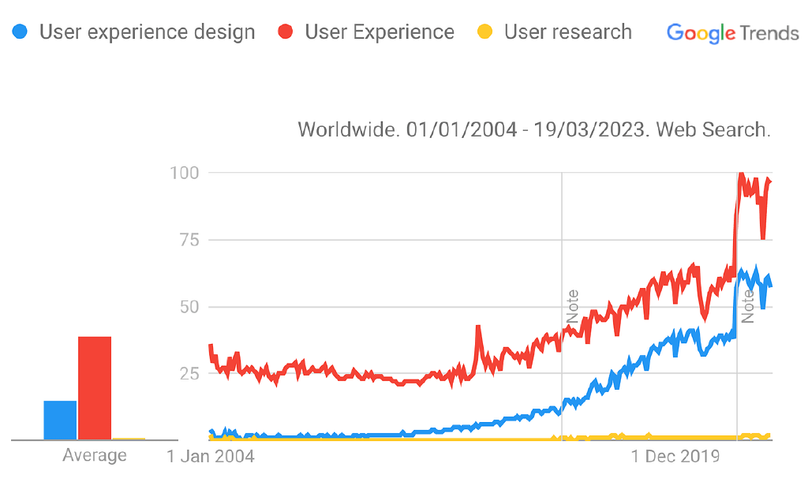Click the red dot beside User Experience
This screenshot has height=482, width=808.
(x=286, y=32)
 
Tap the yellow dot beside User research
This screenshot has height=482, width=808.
(x=485, y=32)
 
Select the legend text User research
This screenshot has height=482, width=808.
(x=567, y=32)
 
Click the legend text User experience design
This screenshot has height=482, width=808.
(x=148, y=32)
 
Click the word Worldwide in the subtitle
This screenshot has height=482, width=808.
(x=348, y=129)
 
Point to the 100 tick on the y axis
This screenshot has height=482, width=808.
(x=184, y=172)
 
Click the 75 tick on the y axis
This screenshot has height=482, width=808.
(x=189, y=240)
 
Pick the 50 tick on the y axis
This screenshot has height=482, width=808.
(x=189, y=307)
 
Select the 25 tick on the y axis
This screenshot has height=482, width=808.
(x=189, y=373)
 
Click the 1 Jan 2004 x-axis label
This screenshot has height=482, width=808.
(x=211, y=456)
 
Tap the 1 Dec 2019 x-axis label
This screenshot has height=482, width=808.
(x=675, y=456)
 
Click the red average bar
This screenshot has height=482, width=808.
(x=95, y=387)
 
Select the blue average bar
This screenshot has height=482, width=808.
(x=60, y=420)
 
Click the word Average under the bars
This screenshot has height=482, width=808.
(x=94, y=456)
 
